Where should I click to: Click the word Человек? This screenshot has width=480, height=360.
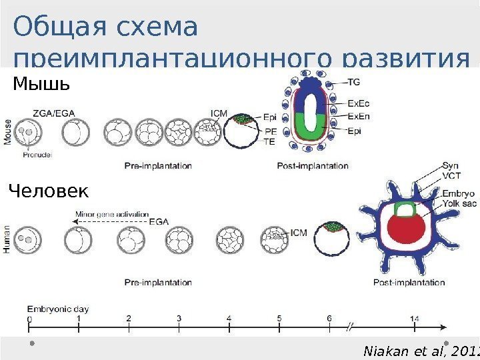[48, 192]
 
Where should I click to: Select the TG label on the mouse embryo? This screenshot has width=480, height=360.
[354, 82]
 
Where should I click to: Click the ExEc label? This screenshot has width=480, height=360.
[358, 104]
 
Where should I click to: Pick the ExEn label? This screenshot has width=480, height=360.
[358, 117]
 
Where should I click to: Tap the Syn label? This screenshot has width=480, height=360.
[450, 165]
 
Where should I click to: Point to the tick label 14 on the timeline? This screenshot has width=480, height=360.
[415, 319]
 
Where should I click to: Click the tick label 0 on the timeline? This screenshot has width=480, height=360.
[29, 319]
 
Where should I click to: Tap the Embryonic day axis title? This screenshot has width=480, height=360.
[58, 309]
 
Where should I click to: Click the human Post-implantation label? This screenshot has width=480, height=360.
[409, 283]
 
